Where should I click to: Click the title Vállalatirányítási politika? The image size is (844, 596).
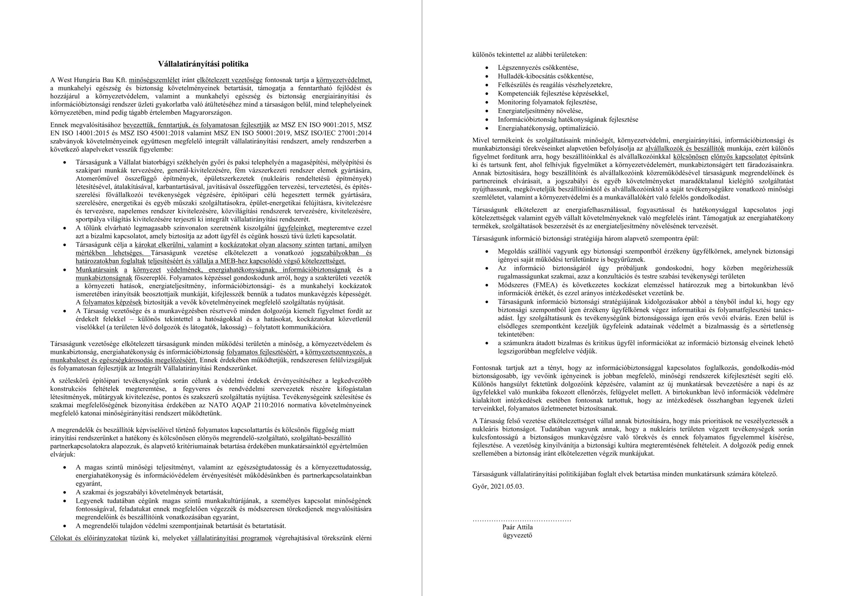pos(203,64)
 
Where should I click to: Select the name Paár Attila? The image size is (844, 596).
pos(518,527)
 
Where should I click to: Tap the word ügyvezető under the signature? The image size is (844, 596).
pos(518,535)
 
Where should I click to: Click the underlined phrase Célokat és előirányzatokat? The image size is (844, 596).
pos(89,538)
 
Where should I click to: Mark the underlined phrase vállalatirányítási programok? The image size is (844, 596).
pos(231,538)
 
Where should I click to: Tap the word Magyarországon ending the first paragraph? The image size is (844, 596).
pos(209,112)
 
